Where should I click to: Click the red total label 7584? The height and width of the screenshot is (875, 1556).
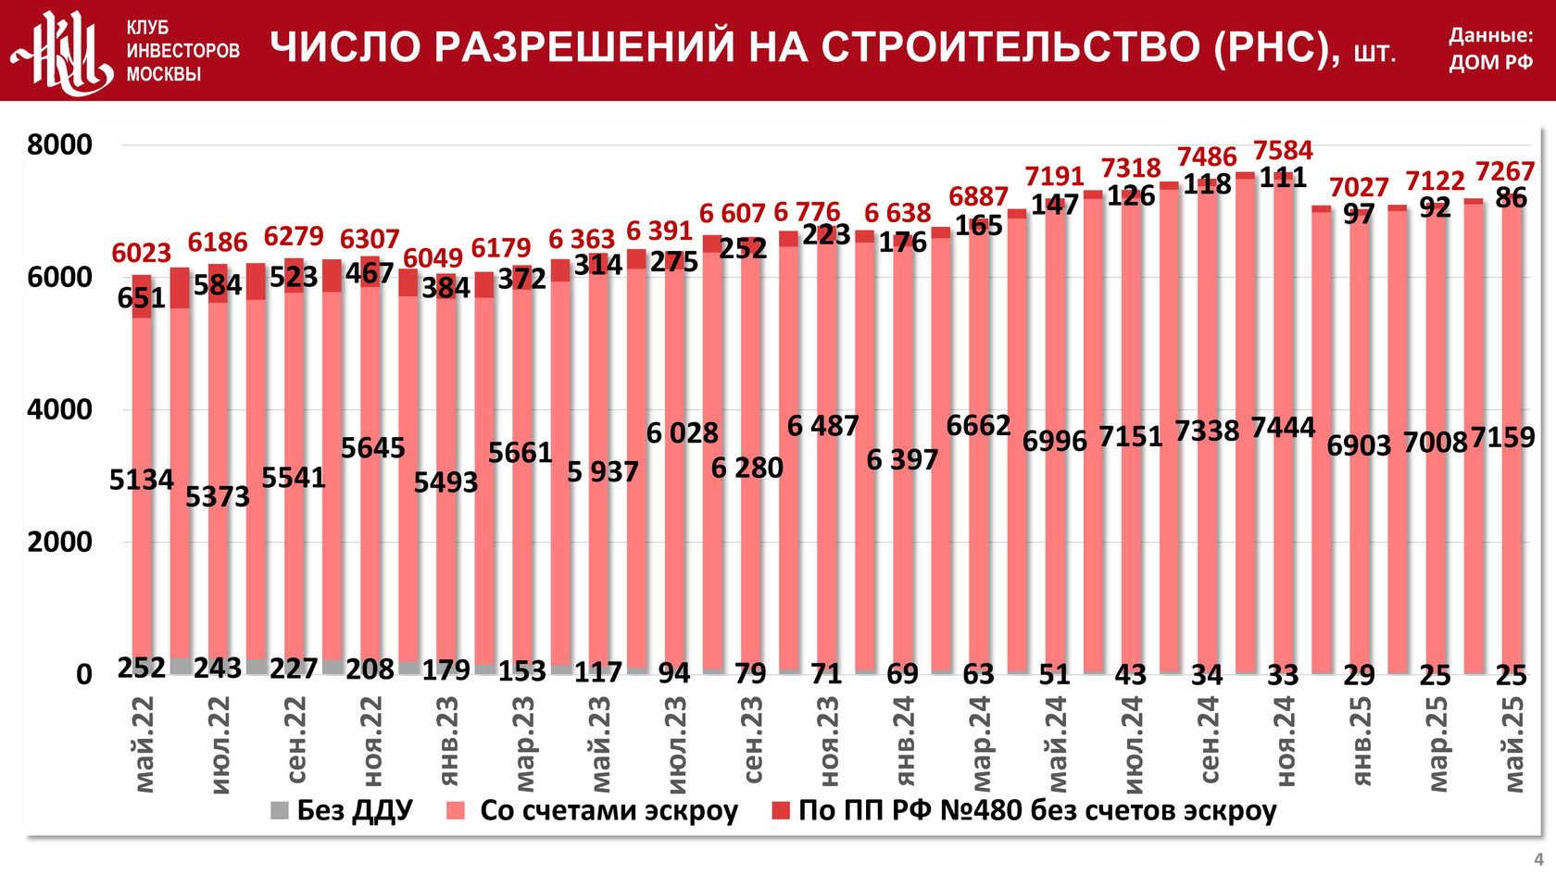1283,150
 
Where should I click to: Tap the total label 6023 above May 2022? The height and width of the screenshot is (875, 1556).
141,253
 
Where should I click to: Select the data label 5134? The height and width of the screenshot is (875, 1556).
141,480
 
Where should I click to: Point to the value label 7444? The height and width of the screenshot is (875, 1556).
1283,427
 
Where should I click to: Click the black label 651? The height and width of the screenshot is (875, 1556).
141,298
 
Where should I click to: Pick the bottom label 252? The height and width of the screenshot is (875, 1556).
141,668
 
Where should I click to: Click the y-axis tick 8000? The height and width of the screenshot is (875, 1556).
60,145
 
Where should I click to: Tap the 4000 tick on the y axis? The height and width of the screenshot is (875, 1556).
60,410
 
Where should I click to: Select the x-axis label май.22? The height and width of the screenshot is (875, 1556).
144,745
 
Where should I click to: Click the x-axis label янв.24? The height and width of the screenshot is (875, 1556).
904,741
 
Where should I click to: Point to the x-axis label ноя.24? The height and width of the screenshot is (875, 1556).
1285,742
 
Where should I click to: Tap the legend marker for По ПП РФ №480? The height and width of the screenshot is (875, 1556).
781,811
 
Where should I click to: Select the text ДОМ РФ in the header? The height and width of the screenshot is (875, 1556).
1490,63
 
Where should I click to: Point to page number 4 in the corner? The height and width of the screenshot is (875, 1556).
1538,859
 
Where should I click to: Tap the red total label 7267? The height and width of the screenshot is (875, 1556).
1504,171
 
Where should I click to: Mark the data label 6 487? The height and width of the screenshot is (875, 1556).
822,426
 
